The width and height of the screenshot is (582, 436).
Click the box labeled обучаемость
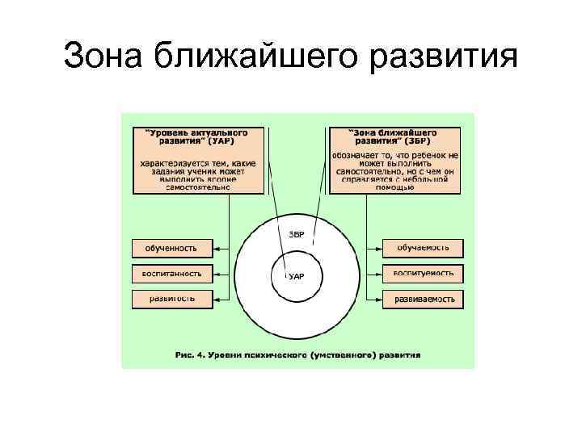click(x=423, y=247)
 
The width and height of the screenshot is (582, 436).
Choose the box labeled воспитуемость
click(x=423, y=273)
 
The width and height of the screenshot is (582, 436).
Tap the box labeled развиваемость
click(x=423, y=299)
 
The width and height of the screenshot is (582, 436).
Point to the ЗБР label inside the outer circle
click(x=297, y=234)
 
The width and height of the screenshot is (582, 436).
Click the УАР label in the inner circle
click(x=297, y=276)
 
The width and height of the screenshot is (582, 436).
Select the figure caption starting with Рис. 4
click(x=297, y=354)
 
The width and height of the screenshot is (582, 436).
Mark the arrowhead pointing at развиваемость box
click(x=377, y=299)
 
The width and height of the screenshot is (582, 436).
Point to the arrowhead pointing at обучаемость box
click(x=377, y=247)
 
